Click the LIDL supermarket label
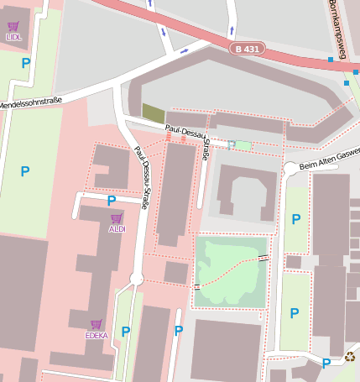pos(13,38)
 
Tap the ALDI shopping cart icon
pos(117,218)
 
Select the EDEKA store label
pos(97,335)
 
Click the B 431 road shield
pos(248,50)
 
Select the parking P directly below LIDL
pos(25,63)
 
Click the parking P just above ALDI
pos(112,201)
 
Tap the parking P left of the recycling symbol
pos(326,363)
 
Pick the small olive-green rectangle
pos(154,113)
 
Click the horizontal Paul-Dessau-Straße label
pos(186,131)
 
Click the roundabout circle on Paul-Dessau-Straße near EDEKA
pos(137,279)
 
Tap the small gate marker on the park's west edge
pos(196,287)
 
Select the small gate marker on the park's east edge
pos(264,258)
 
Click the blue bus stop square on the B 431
pos(331,60)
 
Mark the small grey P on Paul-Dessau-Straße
pos(231,145)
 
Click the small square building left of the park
pos(175,272)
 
